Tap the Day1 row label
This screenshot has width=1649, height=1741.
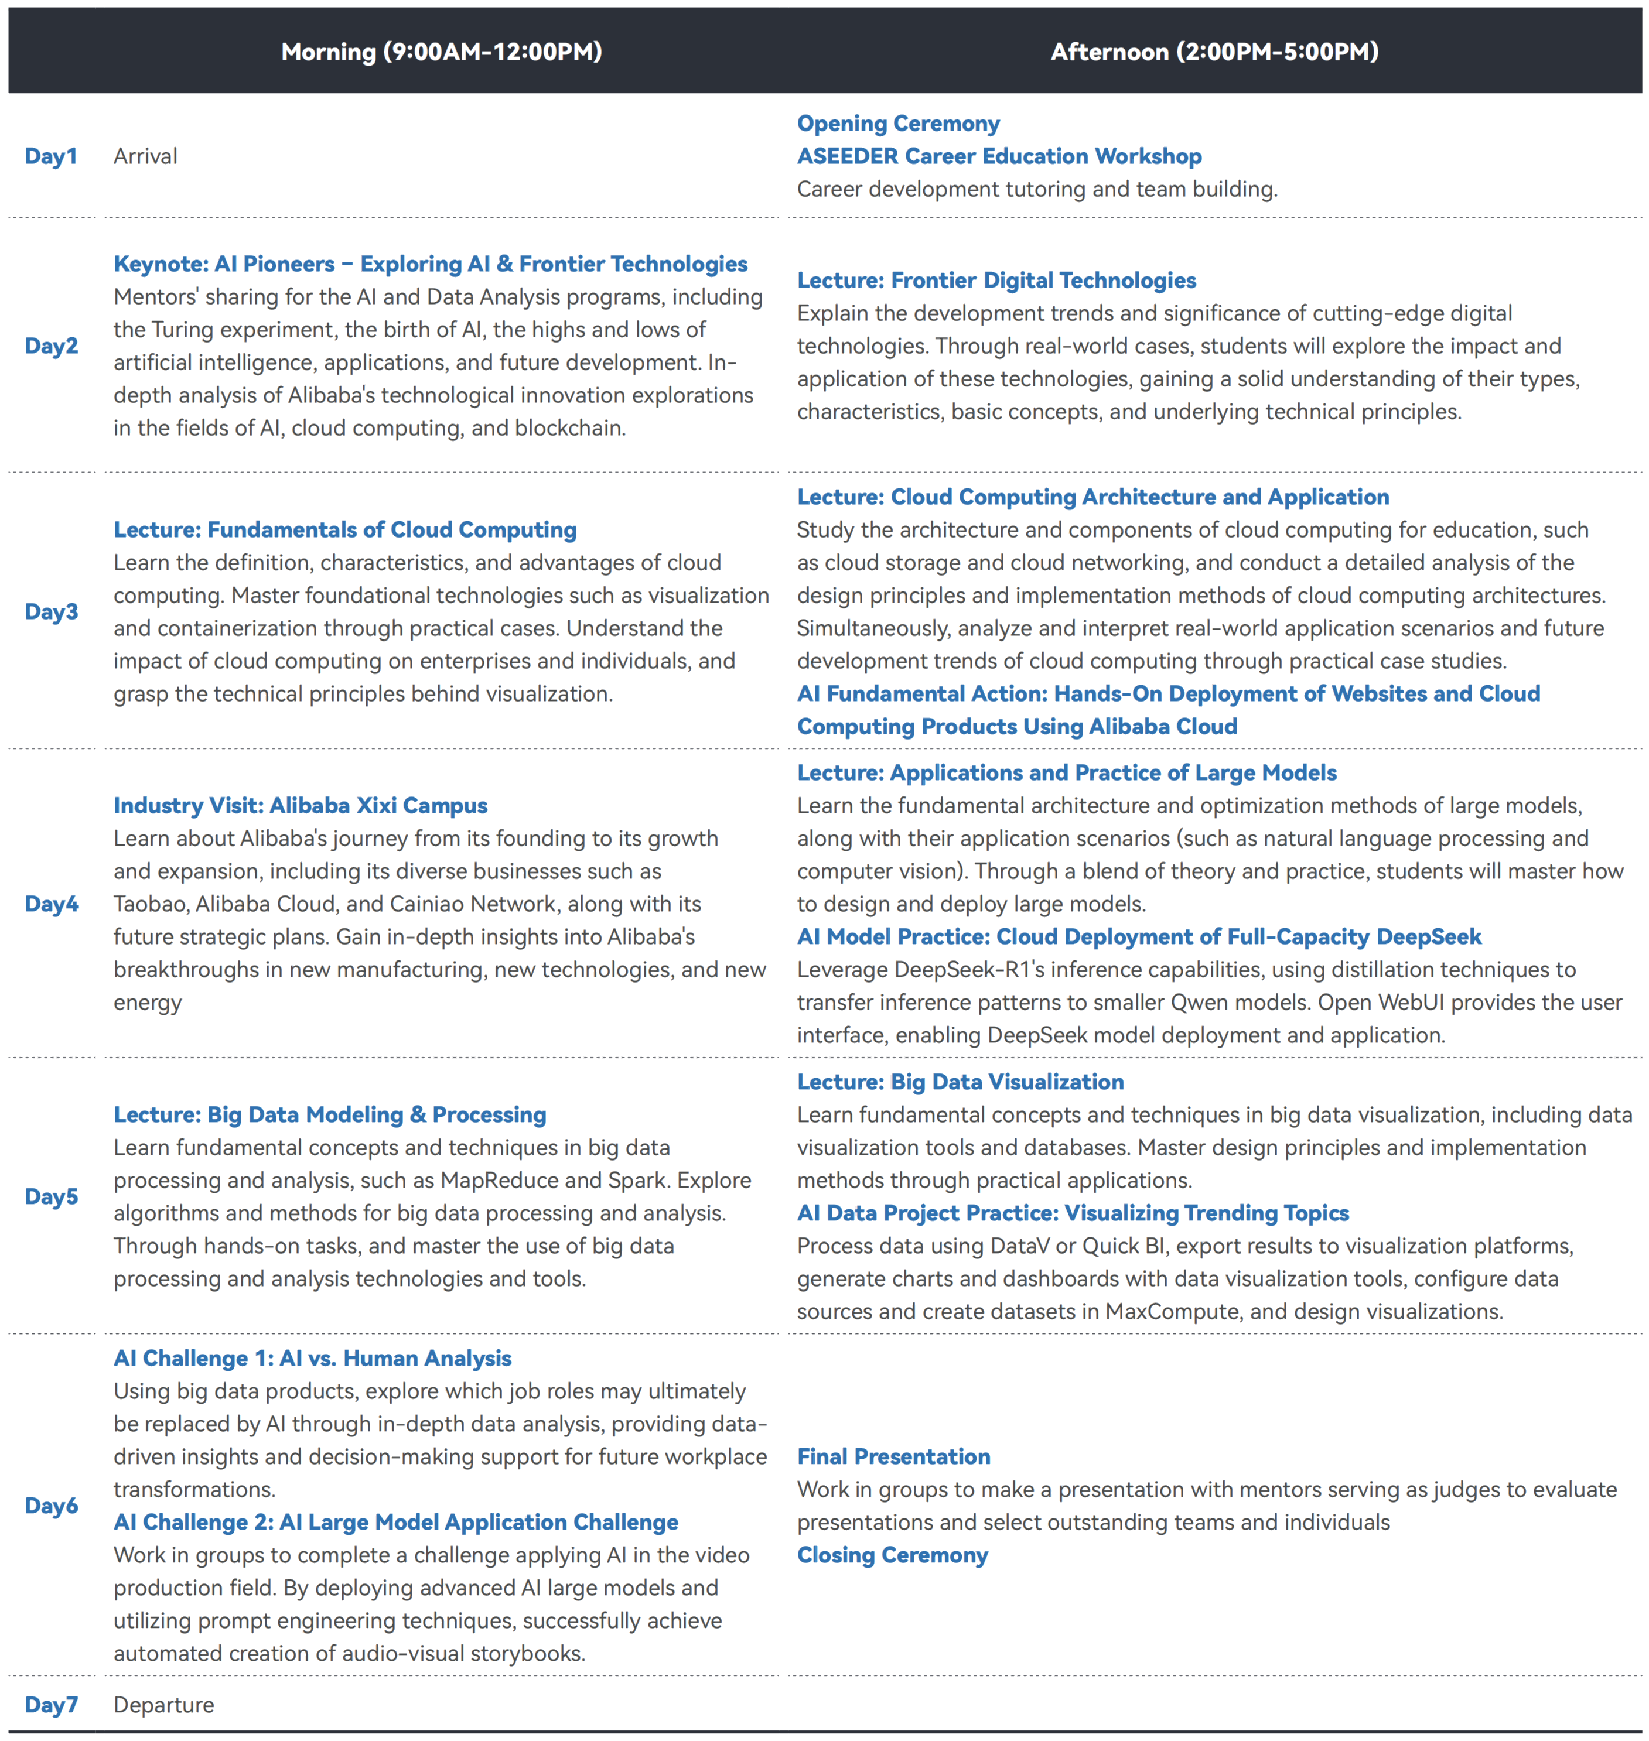pyautogui.click(x=51, y=156)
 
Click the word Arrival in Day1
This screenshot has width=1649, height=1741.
pyautogui.click(x=145, y=156)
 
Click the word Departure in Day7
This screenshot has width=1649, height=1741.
pyautogui.click(x=163, y=1704)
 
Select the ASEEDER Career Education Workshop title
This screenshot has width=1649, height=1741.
pyautogui.click(x=999, y=156)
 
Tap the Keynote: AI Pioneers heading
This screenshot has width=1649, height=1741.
pyautogui.click(x=430, y=264)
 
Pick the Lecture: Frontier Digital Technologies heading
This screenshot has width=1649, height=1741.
pyautogui.click(x=996, y=281)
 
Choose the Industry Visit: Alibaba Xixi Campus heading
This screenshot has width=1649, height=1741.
pyautogui.click(x=300, y=805)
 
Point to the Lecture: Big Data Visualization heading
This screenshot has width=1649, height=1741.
pyautogui.click(x=960, y=1082)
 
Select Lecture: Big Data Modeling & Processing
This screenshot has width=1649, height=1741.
pyautogui.click(x=330, y=1114)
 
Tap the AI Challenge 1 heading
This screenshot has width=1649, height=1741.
pyautogui.click(x=312, y=1358)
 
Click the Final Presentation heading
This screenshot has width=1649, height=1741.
pyautogui.click(x=893, y=1456)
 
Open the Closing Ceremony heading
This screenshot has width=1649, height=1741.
pyautogui.click(x=892, y=1555)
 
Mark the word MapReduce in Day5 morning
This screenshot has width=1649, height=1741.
pyautogui.click(x=499, y=1181)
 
